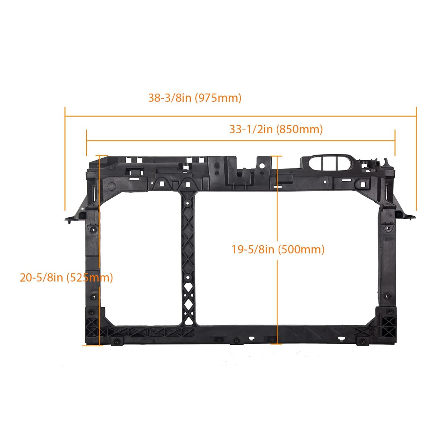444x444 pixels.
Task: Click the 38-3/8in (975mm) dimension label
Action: coord(195,98)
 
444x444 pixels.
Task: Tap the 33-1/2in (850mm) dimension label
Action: coord(276,129)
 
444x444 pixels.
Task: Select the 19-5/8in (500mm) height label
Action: coord(278,249)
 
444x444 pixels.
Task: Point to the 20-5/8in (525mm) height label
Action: coord(66,277)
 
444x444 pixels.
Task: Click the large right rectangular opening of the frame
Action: coord(287,258)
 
